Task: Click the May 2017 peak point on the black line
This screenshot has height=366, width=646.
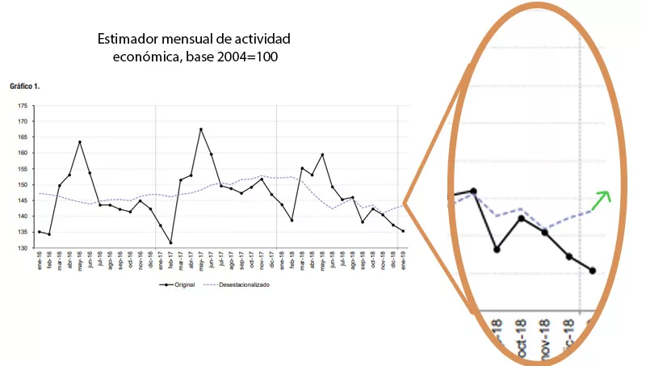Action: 201,129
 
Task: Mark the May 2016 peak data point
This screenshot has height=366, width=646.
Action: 80,142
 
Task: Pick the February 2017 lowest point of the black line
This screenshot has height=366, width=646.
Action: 170,242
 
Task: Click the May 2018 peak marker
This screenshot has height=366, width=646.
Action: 322,154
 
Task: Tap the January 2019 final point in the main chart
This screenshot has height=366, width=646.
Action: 403,231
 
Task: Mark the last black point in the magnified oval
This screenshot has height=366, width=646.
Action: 592,271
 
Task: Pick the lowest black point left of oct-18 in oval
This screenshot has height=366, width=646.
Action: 497,249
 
